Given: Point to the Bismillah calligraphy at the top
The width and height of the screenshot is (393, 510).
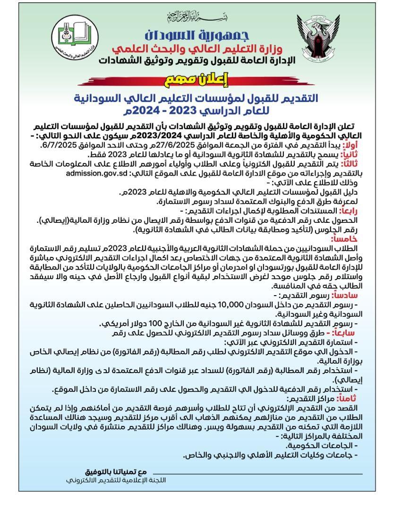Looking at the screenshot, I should pyautogui.click(x=196, y=18).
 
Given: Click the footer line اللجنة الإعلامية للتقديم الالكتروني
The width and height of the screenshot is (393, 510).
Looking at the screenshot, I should pyautogui.click(x=116, y=480).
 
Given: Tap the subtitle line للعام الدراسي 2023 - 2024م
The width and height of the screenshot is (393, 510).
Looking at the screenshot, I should pyautogui.click(x=196, y=111).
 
